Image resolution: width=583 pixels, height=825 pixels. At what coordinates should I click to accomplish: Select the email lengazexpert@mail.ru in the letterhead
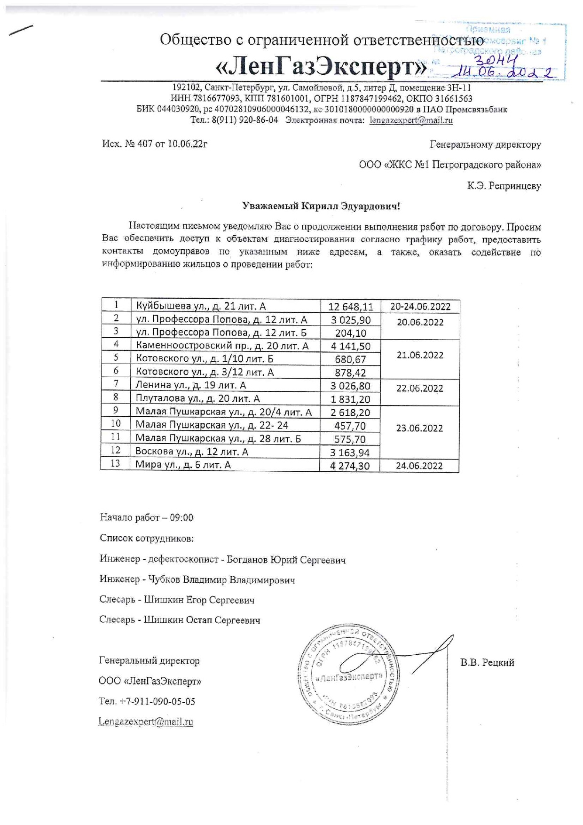point(411,120)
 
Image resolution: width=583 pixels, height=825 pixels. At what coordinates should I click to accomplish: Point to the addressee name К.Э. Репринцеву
point(504,186)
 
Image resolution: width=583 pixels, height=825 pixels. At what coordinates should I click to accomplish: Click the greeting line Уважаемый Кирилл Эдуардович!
point(321,206)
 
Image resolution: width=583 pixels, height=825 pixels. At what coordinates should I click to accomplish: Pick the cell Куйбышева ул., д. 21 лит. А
point(201,306)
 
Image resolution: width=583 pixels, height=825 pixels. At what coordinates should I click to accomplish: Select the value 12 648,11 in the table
point(350,307)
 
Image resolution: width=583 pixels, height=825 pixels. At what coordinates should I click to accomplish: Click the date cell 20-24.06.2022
point(420,307)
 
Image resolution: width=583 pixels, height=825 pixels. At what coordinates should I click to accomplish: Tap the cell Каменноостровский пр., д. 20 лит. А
point(222,346)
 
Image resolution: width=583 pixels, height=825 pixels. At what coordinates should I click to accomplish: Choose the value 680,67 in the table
point(350,360)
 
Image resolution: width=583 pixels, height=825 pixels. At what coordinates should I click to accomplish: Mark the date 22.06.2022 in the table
point(419,389)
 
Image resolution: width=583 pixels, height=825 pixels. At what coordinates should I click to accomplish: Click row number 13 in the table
point(115,464)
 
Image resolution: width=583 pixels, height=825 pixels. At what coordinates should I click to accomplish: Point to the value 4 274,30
point(350,466)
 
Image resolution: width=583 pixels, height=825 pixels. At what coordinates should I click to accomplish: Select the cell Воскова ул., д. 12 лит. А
point(192,452)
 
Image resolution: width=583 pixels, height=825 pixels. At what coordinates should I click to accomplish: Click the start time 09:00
point(181,518)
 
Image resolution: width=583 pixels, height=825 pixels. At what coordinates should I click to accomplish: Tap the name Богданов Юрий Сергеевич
point(286,560)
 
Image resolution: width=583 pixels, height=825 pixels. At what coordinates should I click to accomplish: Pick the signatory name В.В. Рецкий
point(487,663)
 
